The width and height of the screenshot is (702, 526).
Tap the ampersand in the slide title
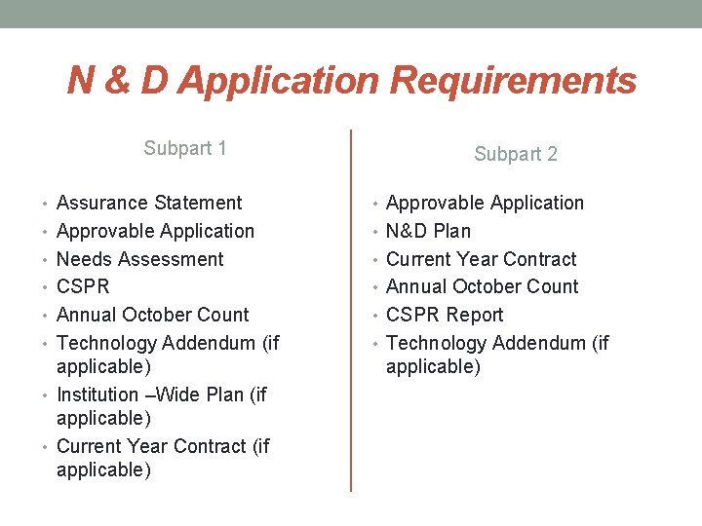pyautogui.click(x=116, y=82)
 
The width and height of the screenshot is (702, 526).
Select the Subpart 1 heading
pyautogui.click(x=185, y=148)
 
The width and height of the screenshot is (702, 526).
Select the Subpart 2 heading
pyautogui.click(x=516, y=154)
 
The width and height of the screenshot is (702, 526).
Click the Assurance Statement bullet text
pyautogui.click(x=149, y=203)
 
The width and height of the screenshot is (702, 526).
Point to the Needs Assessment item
pyautogui.click(x=140, y=259)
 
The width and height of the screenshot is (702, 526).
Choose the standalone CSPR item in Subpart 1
pyautogui.click(x=83, y=286)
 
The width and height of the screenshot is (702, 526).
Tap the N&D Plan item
pyautogui.click(x=428, y=231)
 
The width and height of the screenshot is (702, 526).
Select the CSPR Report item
pyautogui.click(x=445, y=315)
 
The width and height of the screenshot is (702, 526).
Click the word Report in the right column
pyautogui.click(x=475, y=315)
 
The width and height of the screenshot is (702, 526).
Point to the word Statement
pyautogui.click(x=199, y=203)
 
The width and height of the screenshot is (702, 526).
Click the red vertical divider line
pyautogui.click(x=351, y=312)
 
